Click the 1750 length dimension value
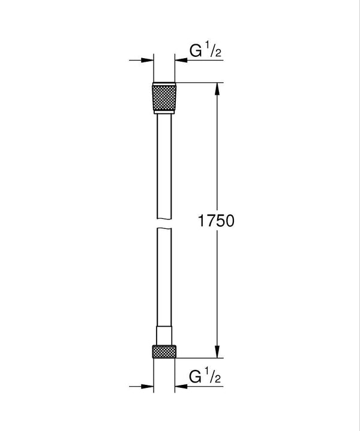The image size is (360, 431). [214, 221]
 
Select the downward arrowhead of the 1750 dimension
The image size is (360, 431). [217, 352]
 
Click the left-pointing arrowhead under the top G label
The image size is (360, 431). [180, 60]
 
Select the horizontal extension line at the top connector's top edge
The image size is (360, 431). [198, 82]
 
